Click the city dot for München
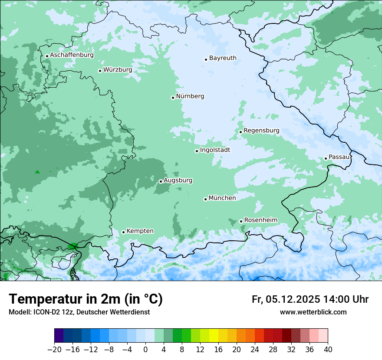coord(205,199)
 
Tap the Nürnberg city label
coord(190,96)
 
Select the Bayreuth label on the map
coord(223,58)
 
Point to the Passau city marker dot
coord(326,158)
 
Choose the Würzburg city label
coord(118,70)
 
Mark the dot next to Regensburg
coord(240,132)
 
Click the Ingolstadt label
coord(215,150)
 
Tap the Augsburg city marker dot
coord(161,181)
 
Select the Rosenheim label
coord(260,220)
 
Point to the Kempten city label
coord(140,231)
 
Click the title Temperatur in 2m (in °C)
coord(86,299)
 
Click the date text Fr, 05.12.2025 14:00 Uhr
coord(310,299)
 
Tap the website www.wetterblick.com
coord(313,312)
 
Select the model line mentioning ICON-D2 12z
coord(79,312)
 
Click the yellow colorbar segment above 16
coord(214,336)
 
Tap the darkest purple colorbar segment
coord(59,336)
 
